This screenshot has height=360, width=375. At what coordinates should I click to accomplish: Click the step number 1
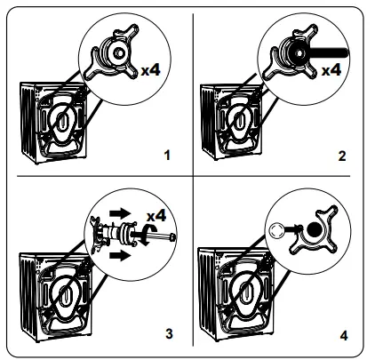pyautogui.click(x=167, y=156)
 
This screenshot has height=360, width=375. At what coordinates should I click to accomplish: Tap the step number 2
pyautogui.click(x=342, y=156)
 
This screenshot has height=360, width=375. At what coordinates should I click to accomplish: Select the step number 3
pyautogui.click(x=169, y=334)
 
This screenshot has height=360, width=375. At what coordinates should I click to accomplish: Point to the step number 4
pyautogui.click(x=344, y=336)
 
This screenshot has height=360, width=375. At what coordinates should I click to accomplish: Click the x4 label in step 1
pyautogui.click(x=150, y=70)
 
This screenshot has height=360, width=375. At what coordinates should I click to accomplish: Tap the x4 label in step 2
pyautogui.click(x=331, y=70)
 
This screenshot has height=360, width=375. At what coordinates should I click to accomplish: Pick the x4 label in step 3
pyautogui.click(x=156, y=216)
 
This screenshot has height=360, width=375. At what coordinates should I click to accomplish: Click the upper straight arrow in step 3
pyautogui.click(x=120, y=213)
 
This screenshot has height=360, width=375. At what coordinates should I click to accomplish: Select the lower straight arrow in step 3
pyautogui.click(x=120, y=255)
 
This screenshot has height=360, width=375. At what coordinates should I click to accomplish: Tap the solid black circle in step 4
pyautogui.click(x=315, y=229)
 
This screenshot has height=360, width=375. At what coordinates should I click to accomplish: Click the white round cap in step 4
pyautogui.click(x=277, y=230)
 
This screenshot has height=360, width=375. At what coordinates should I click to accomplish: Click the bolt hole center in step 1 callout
pyautogui.click(x=119, y=53)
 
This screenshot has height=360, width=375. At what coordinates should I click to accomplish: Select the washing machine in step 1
pyautogui.click(x=54, y=123)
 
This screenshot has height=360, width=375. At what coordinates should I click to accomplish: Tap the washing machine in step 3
pyautogui.click(x=56, y=297)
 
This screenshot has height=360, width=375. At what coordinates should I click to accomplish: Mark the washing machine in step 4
pyautogui.click(x=236, y=294)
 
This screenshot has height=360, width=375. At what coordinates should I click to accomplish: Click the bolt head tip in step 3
pyautogui.click(x=172, y=237)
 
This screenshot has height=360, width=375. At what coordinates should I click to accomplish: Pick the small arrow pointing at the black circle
pyautogui.click(x=294, y=228)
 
